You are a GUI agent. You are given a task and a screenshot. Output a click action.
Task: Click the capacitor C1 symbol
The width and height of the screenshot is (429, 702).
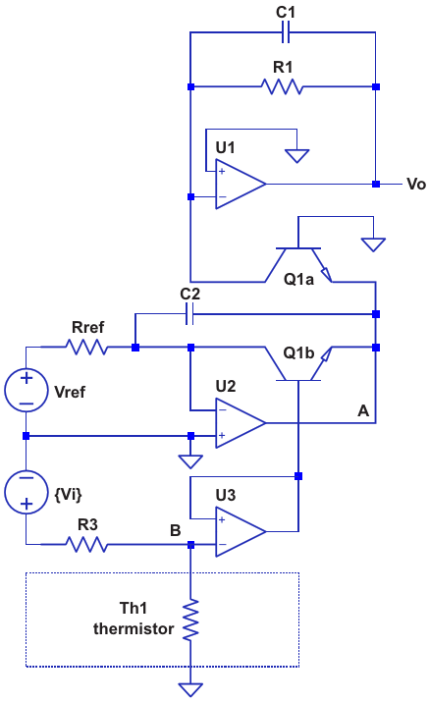[286, 32]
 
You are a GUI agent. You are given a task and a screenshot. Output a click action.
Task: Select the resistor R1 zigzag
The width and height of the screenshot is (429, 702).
[282, 86]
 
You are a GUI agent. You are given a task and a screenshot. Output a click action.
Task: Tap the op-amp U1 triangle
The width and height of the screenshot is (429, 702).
[241, 184]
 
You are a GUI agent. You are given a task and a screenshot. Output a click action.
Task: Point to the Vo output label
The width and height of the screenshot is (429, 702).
[416, 184]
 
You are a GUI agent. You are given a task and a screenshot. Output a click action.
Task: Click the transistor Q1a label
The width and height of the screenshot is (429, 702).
[298, 280]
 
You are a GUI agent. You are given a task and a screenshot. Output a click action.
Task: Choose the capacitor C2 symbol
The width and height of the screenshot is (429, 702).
[189, 314]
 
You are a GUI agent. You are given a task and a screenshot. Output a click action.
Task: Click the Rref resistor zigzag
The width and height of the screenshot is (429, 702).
[86, 347]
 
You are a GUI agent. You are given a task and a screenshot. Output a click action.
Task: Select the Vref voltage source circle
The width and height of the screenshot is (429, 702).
[26, 391]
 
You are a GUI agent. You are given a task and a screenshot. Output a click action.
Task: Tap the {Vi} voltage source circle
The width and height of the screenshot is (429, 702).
[26, 492]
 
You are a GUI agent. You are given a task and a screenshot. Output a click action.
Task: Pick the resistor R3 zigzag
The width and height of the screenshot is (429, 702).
[86, 544]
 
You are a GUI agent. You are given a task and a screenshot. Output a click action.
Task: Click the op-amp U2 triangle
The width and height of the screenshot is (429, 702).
[241, 422]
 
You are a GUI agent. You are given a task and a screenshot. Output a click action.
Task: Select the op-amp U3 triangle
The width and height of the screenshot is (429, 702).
[241, 532]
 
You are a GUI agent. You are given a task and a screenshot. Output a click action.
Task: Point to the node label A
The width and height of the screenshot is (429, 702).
[363, 410]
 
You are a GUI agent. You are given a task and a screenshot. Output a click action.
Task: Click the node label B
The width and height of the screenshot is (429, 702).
[176, 530]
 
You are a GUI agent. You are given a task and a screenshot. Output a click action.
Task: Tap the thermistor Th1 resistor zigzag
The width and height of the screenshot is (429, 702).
[190, 621]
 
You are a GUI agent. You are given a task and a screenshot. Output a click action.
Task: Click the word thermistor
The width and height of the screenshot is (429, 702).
[134, 628]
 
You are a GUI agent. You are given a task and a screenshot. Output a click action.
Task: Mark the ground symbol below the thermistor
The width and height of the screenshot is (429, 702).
[190, 689]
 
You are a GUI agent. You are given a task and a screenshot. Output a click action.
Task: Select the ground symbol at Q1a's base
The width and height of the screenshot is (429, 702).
[373, 244]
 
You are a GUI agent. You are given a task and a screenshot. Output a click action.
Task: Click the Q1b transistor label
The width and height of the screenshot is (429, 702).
[298, 352]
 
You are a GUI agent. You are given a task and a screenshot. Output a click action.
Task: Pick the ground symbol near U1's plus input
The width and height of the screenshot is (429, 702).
[296, 156]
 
